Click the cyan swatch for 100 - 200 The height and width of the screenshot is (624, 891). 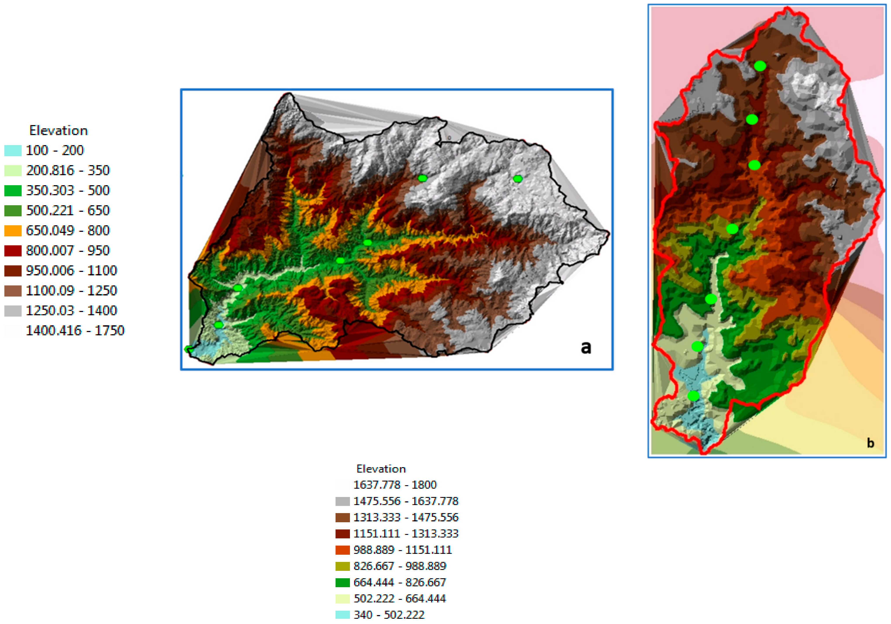[13, 150]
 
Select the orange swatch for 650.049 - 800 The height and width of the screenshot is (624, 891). [13, 231]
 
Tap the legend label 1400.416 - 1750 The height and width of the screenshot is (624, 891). [75, 331]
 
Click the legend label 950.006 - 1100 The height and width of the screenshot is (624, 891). [71, 271]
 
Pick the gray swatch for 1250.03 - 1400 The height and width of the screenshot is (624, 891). [13, 311]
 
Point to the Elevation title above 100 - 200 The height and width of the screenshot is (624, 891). [59, 131]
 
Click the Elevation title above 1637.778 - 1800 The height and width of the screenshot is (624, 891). [381, 469]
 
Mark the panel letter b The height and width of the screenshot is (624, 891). [870, 443]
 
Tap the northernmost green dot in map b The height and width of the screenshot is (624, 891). [760, 66]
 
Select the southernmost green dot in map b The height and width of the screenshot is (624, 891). [694, 396]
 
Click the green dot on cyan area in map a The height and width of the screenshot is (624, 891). [218, 325]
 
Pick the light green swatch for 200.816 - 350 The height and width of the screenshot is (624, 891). [13, 171]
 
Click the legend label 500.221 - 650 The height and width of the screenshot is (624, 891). [68, 210]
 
